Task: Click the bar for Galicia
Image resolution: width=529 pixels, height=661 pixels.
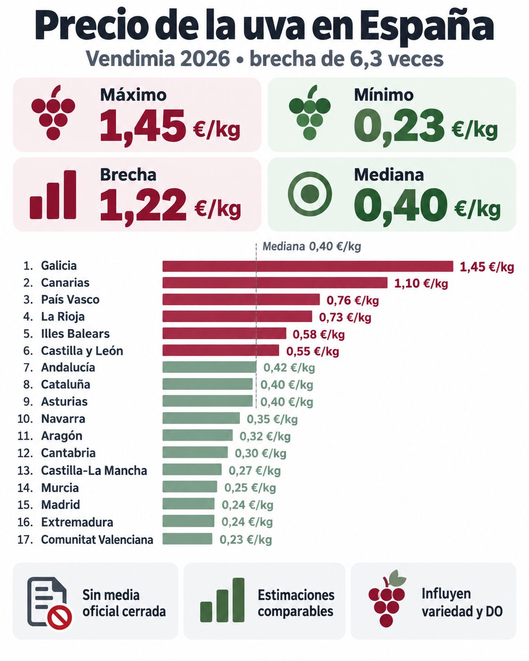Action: point(308,266)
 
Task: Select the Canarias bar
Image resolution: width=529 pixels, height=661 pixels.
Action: point(275,282)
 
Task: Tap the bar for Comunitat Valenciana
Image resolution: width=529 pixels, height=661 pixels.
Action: point(187,539)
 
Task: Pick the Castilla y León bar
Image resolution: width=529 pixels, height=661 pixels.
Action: point(221,350)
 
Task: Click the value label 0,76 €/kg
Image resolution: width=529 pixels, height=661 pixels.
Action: point(353,300)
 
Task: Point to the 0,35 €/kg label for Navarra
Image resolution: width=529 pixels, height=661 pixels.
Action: point(272,419)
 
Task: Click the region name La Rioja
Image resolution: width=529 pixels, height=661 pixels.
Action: point(63,317)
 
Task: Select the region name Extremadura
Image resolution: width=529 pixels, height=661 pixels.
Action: point(77,522)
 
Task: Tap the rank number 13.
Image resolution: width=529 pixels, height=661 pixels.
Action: point(25,471)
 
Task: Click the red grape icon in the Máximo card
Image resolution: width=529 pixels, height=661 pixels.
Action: point(53,112)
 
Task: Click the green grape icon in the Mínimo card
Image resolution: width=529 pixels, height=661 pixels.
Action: point(310,112)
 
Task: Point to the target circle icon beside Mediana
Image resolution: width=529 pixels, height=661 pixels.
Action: point(310,194)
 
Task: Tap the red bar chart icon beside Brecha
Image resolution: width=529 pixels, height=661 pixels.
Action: point(53,195)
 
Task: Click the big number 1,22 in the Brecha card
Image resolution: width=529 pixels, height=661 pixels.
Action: point(143,204)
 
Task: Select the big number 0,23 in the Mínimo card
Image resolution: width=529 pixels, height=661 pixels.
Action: point(399,124)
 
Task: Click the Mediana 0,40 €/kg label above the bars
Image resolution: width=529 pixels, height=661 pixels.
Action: point(312,246)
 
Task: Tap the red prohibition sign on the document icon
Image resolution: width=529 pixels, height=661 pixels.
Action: point(60,617)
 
